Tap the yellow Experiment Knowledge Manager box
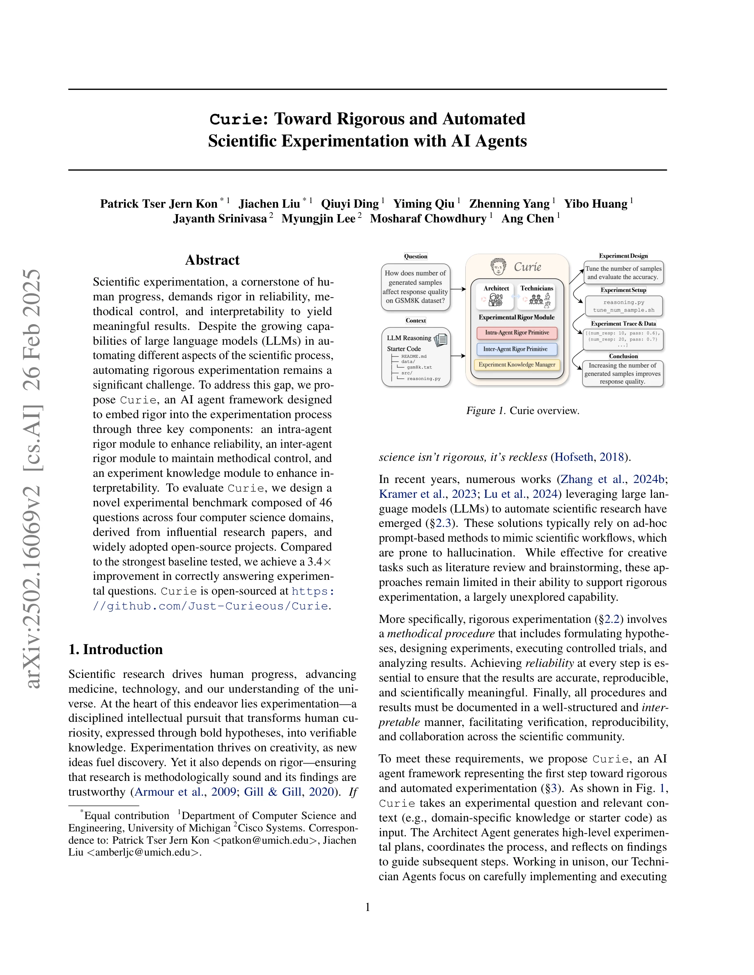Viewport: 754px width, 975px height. pyautogui.click(x=517, y=365)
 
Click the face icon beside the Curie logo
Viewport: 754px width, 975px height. pyautogui.click(x=498, y=267)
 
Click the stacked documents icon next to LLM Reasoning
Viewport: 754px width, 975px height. pyautogui.click(x=441, y=340)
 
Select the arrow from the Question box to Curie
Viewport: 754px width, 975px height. pyautogui.click(x=458, y=289)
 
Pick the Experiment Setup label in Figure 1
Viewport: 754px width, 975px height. pyautogui.click(x=623, y=290)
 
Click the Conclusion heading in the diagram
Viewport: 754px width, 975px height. pyautogui.click(x=623, y=356)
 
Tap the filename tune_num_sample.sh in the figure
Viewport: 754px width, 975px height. pyautogui.click(x=623, y=310)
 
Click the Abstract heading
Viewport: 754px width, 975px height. pyautogui.click(x=212, y=260)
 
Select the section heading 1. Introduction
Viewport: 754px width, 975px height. pyautogui.click(x=115, y=650)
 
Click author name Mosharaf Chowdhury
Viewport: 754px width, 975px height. pyautogui.click(x=428, y=219)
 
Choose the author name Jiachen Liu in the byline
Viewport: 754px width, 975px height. pyautogui.click(x=269, y=204)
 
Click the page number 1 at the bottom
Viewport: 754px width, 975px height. pyautogui.click(x=368, y=907)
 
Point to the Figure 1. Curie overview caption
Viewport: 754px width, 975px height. pyautogui.click(x=523, y=411)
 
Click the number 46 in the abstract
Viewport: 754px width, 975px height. pyautogui.click(x=325, y=503)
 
